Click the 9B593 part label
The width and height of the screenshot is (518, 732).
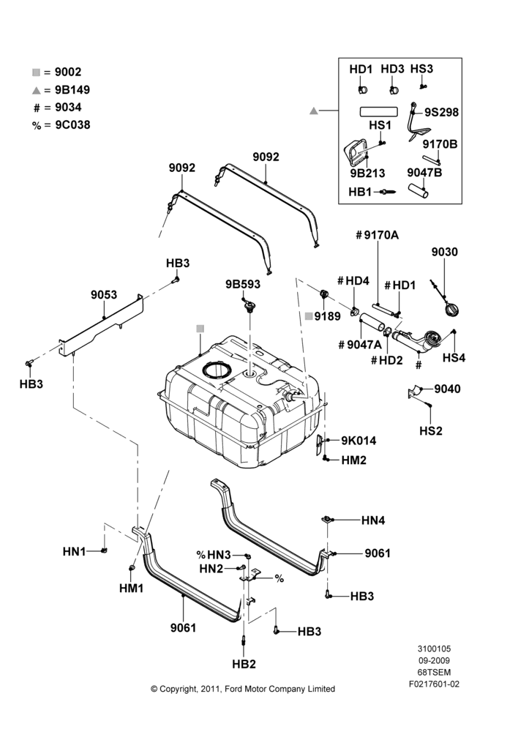243,284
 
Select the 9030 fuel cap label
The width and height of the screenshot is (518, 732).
444,252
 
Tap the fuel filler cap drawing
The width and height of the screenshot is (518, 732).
451,310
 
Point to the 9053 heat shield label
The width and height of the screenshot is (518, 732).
104,294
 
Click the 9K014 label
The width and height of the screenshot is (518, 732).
359,441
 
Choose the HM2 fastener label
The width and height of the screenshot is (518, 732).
353,460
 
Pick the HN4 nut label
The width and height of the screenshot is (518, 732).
373,520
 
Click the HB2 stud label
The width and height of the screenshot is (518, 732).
244,664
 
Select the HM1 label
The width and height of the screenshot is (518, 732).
131,589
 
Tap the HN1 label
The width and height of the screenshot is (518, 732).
74,552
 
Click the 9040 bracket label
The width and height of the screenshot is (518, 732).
447,389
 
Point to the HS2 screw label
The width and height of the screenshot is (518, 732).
430,430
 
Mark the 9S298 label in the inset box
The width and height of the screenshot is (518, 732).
441,113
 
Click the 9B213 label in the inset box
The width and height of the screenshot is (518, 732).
368,173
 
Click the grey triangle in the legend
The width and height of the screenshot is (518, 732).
37,90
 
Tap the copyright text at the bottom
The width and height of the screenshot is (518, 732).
243,689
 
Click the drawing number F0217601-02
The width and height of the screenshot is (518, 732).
434,684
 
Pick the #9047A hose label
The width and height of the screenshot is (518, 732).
360,345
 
